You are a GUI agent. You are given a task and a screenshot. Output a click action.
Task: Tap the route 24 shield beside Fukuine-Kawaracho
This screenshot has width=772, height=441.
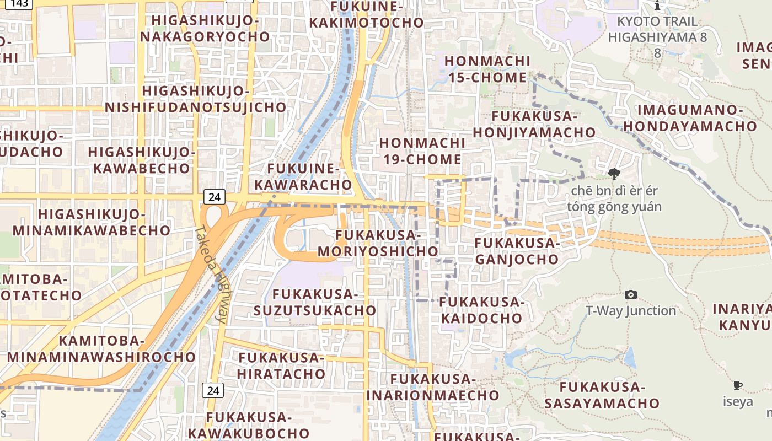coord(214,196)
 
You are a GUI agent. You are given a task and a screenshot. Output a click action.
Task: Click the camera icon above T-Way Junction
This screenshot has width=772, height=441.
coord(631,295)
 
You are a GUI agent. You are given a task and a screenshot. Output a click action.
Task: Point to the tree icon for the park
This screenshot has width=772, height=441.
coord(614,175)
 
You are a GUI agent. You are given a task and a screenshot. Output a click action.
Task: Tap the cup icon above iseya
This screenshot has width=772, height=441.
coord(737,385)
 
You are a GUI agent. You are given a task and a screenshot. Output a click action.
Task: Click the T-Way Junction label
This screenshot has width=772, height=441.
coord(631,311)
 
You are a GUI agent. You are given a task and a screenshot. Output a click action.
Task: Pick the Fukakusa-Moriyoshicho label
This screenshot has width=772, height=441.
coord(378,243)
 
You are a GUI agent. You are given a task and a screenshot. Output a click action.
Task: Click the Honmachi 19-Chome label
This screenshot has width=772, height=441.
coord(422,151)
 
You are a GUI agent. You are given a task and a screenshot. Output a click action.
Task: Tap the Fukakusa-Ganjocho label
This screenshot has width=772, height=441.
coord(517,251)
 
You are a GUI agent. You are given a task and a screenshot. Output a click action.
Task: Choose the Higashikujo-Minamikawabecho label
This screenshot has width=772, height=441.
coord(92,222)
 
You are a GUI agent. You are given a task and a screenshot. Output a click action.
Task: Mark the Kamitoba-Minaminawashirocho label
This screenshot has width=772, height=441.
coord(101,348)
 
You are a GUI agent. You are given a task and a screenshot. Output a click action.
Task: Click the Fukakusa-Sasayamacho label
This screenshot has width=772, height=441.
coord(602,395)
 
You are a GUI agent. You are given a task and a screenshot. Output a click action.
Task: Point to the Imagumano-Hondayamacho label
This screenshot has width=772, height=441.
coord(690,117)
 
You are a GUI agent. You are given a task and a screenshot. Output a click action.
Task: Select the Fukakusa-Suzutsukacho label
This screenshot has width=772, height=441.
coord(315,302)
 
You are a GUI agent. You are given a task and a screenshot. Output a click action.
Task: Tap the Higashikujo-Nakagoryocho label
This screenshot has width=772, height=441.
coord(205,29)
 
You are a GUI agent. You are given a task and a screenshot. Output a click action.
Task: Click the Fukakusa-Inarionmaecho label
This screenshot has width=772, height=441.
coord(433,387)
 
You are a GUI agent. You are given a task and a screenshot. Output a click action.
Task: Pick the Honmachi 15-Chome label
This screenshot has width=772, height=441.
coord(487,69)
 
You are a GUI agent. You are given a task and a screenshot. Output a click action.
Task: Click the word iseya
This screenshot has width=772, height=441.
coord(738,401)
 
